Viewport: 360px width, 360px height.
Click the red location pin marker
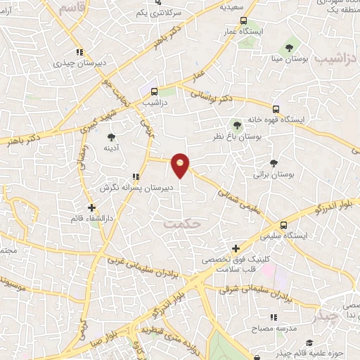[181, 166]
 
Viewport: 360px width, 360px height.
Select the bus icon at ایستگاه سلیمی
[283, 226]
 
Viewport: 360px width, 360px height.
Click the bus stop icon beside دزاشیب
[154, 91]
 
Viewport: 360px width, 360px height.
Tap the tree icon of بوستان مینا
[289, 49]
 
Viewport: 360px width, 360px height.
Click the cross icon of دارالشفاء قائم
[91, 207]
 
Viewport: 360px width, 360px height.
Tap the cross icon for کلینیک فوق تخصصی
[236, 248]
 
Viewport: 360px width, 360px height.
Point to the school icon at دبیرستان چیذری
[79, 51]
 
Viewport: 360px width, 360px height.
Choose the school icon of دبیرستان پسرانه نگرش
[134, 177]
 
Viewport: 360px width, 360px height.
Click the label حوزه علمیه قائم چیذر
[309, 343]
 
